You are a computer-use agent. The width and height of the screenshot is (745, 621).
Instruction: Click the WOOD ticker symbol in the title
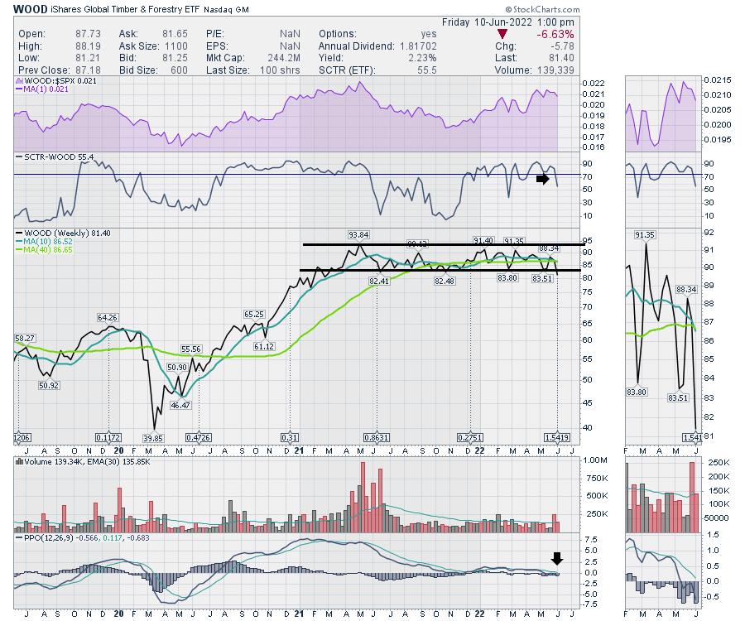(x=30, y=8)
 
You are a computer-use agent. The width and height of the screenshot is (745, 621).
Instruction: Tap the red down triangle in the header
(x=502, y=34)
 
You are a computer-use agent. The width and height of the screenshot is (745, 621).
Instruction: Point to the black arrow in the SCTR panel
(x=542, y=178)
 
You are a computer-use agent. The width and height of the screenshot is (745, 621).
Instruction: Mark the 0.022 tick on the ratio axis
(x=594, y=84)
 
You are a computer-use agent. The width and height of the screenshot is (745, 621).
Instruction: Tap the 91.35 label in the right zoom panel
(x=645, y=235)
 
